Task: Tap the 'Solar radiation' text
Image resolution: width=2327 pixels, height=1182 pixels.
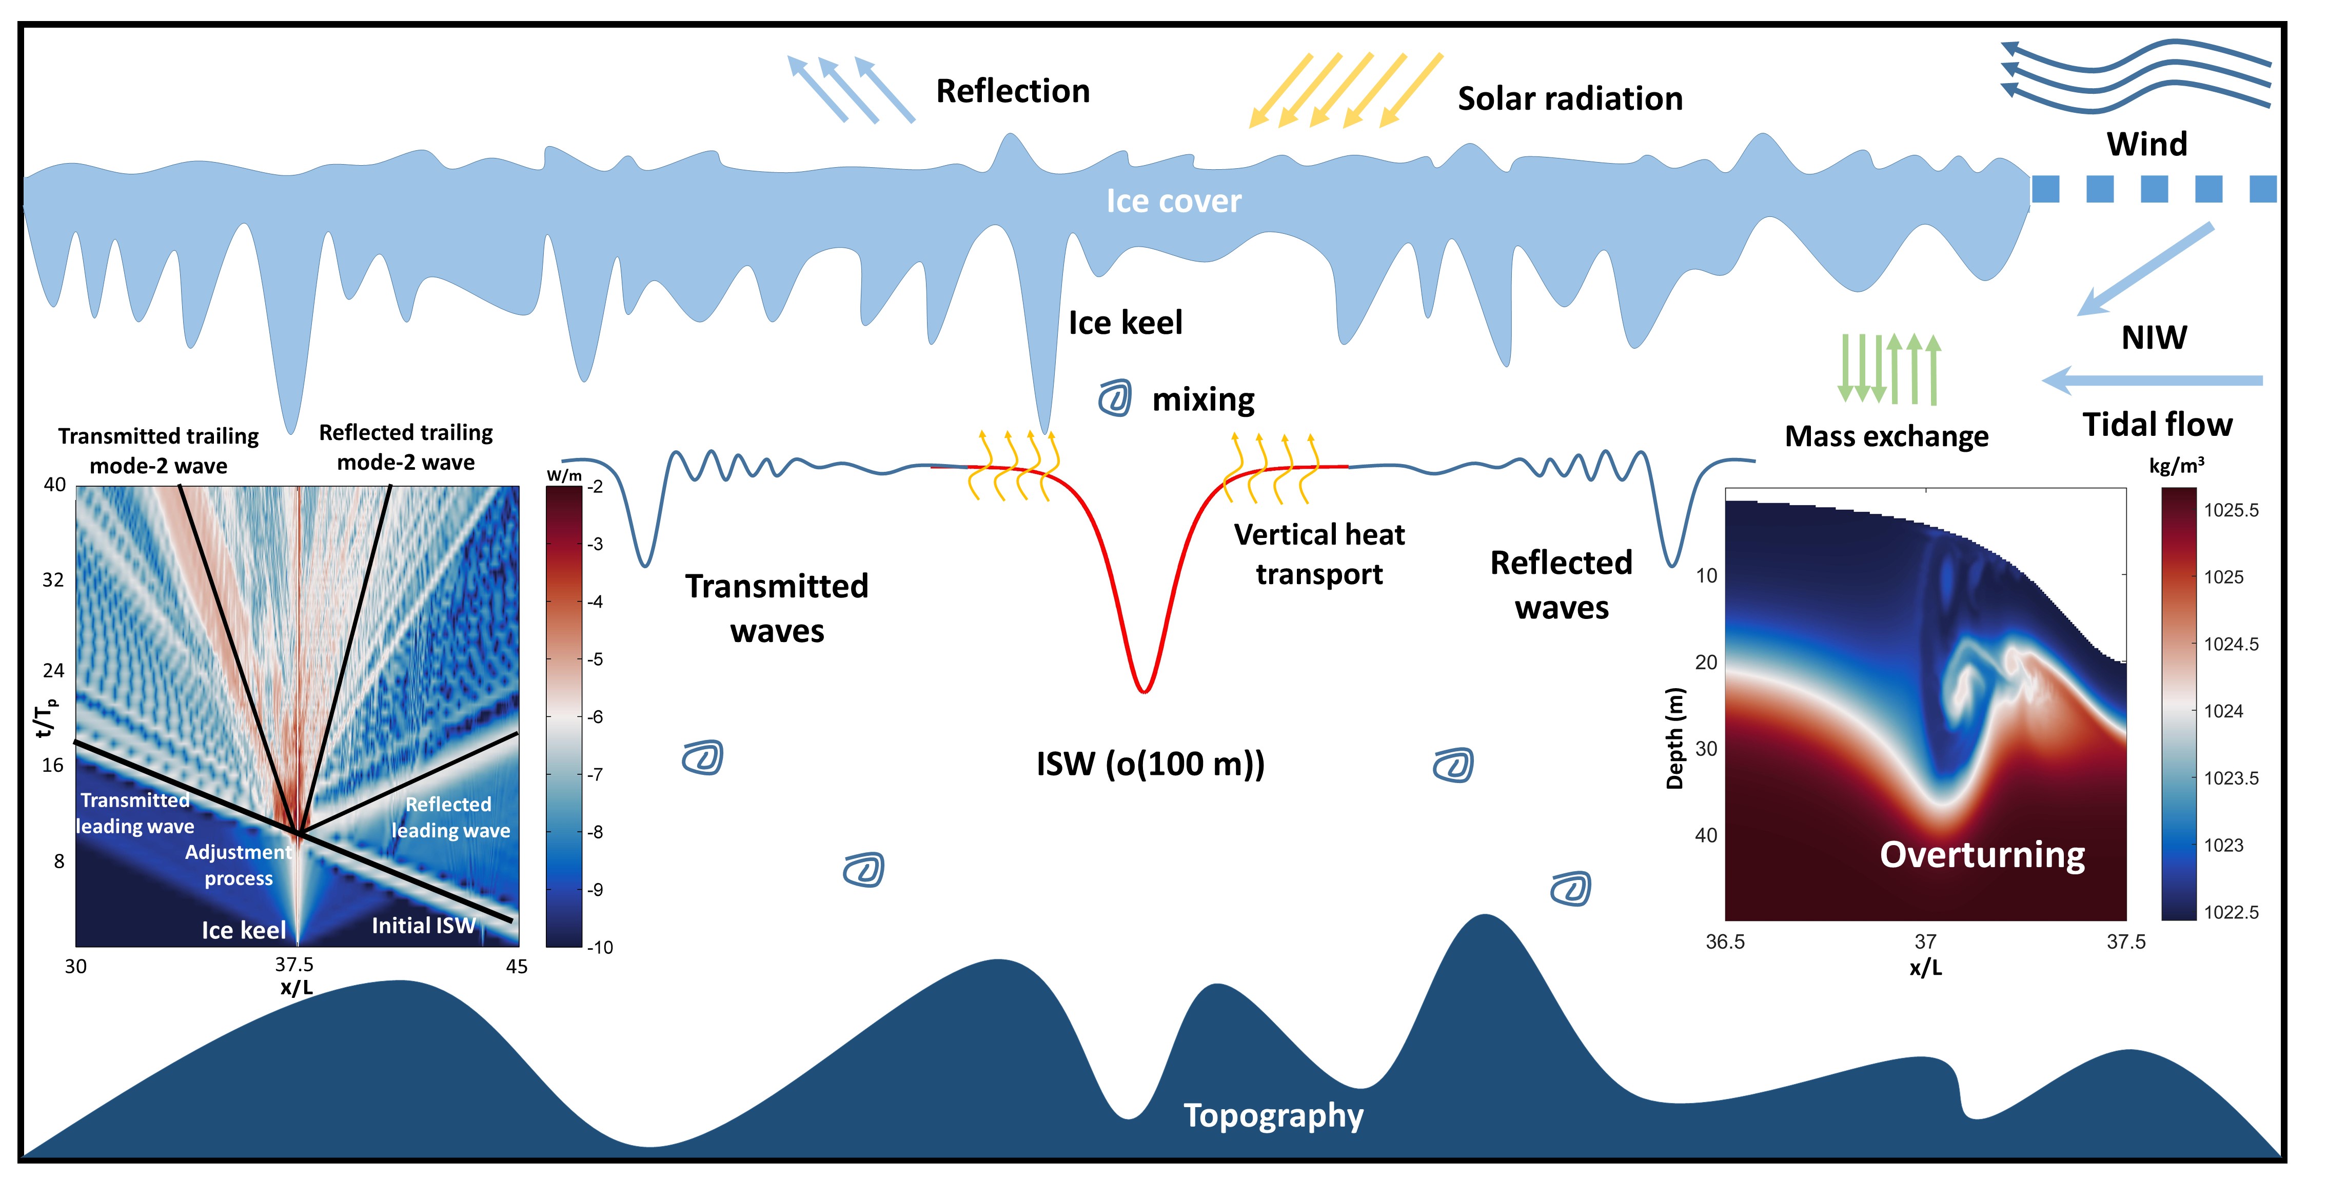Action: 1570,98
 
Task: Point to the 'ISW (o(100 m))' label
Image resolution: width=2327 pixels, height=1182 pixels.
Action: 1150,764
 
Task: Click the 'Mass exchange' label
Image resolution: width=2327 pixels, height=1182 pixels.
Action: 1886,436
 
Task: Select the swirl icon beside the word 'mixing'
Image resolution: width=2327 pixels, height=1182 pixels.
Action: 1115,398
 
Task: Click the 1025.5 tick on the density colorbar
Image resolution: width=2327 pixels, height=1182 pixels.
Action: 2231,510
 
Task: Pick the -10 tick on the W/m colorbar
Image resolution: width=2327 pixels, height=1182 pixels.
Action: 600,947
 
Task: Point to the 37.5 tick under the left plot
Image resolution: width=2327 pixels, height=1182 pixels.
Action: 294,965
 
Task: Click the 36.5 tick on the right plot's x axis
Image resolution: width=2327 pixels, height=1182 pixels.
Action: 1725,942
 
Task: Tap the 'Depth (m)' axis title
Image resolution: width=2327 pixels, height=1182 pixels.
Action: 1675,738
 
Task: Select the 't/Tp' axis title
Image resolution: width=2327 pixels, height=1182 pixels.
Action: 45,715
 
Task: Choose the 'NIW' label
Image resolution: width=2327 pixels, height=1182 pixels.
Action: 2154,338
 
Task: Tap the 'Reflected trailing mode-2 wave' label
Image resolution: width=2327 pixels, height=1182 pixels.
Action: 406,447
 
